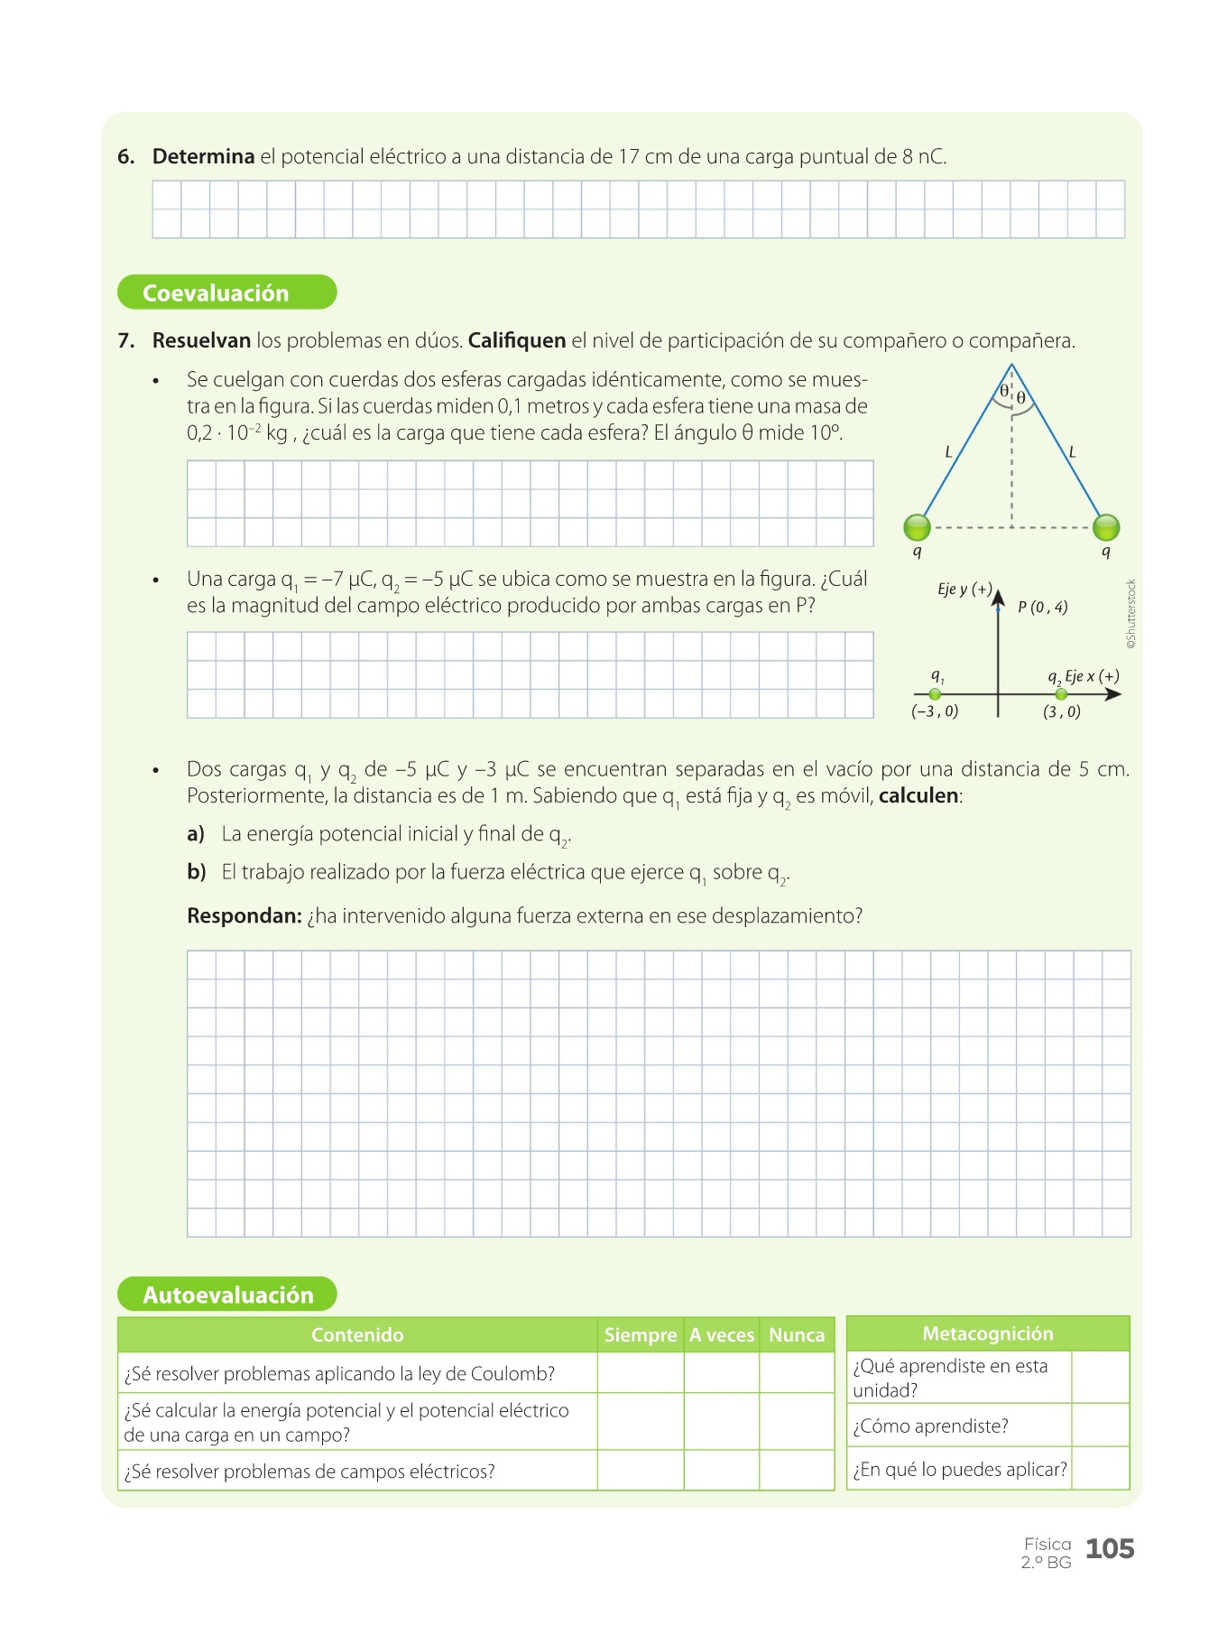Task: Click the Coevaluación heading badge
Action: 226,292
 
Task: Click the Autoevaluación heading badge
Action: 227,1295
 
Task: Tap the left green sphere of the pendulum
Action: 917,527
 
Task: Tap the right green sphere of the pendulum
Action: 1106,527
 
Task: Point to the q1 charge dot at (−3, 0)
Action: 935,694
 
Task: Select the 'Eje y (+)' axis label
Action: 964,590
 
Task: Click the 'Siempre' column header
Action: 641,1335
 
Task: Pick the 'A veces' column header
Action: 722,1335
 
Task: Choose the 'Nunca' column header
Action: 797,1335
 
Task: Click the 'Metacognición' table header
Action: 988,1333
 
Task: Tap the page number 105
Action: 1110,1549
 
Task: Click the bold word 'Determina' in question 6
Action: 203,157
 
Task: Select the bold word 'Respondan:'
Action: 244,916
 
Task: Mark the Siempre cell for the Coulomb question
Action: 641,1373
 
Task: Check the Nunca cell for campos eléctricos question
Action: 797,1471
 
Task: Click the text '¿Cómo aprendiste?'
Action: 931,1426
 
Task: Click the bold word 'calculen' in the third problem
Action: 918,796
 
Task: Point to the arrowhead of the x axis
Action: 1114,694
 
